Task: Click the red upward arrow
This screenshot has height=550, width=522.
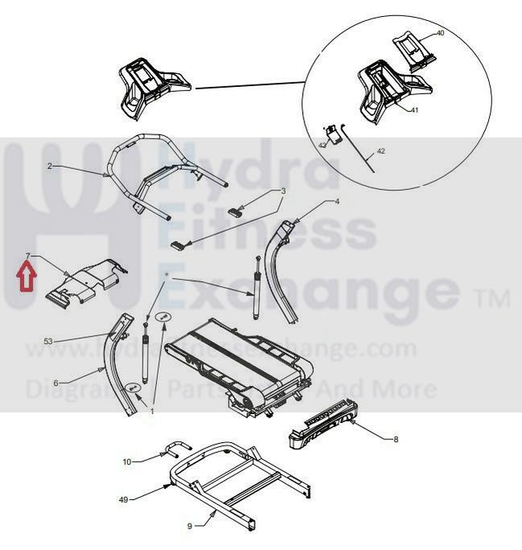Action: (x=26, y=279)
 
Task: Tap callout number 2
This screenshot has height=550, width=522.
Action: (x=50, y=166)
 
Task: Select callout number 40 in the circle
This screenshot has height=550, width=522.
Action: (x=440, y=33)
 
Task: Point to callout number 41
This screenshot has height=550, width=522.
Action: (x=414, y=110)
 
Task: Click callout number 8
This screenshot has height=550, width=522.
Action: (x=396, y=439)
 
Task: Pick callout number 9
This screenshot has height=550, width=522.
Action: (x=190, y=526)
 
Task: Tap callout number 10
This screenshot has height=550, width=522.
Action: (x=126, y=461)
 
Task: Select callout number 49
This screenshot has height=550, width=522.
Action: (x=123, y=499)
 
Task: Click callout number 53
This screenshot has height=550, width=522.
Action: (x=48, y=342)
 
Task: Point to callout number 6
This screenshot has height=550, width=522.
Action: (x=56, y=383)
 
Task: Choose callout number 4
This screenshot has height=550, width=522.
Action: (x=338, y=201)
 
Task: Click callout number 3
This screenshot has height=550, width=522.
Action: (x=283, y=191)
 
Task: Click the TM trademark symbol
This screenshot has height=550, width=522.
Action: (x=493, y=300)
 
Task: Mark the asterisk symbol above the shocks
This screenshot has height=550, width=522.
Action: (x=167, y=275)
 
